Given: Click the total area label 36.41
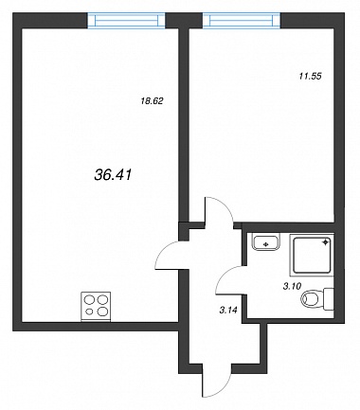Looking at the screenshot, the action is pyautogui.click(x=113, y=174).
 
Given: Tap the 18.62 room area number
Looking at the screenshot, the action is pyautogui.click(x=152, y=101).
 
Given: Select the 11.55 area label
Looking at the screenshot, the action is pyautogui.click(x=311, y=76).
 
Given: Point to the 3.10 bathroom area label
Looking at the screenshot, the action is pyautogui.click(x=293, y=286).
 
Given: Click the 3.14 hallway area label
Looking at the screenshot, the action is pyautogui.click(x=228, y=311).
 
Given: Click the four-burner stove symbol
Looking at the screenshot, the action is pyautogui.click(x=96, y=307).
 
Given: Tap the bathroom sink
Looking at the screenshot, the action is pyautogui.click(x=266, y=241).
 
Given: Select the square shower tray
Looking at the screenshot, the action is pyautogui.click(x=312, y=256).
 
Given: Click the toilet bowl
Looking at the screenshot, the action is pyautogui.click(x=312, y=298).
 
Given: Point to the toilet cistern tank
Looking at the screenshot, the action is pyautogui.click(x=329, y=298).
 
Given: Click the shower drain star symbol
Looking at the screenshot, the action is pyautogui.click(x=326, y=242).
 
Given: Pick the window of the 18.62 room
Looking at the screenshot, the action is pyautogui.click(x=126, y=21).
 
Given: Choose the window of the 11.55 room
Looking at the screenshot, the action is pyautogui.click(x=242, y=21).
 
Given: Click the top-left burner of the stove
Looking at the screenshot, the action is pyautogui.click(x=90, y=299).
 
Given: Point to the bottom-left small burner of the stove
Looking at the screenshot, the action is pyautogui.click(x=90, y=312).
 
